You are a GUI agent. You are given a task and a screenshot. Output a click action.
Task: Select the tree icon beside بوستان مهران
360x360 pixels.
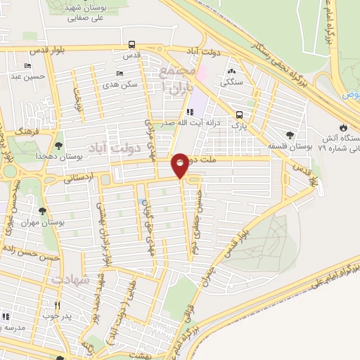tap(43, 210)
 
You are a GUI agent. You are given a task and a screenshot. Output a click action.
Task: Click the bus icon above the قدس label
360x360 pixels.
tap(131, 44)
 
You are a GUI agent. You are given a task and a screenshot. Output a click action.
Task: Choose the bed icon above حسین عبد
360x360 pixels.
tap(27, 66)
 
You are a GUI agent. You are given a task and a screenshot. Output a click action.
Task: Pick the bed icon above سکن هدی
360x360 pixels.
tap(120, 73)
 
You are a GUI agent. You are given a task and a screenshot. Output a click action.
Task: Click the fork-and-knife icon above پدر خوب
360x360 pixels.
tap(58, 305)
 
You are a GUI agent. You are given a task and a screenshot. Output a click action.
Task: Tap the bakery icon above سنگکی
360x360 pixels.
tap(232, 71)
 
